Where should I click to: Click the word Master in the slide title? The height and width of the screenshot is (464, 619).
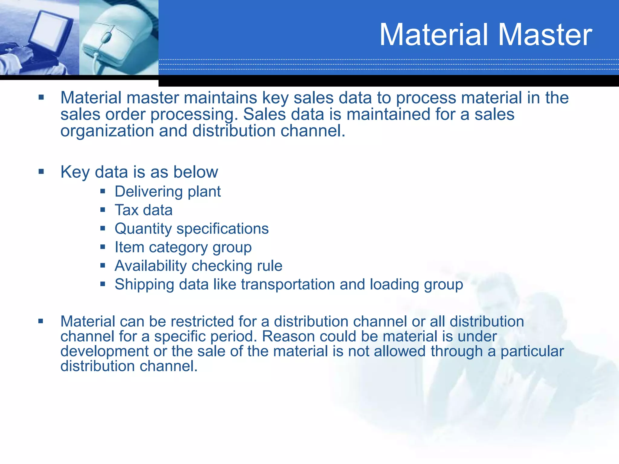544,35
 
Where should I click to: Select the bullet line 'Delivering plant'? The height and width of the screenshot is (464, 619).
168,192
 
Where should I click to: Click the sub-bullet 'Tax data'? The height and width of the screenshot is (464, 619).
144,210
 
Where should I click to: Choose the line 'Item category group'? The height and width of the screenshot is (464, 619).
183,247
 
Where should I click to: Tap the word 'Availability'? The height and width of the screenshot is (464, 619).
151,266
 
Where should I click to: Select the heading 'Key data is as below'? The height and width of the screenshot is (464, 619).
139,172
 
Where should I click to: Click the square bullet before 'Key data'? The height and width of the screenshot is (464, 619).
41,172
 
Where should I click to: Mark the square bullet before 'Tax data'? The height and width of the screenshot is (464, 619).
103,209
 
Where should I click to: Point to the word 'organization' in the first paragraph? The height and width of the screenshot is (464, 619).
107,131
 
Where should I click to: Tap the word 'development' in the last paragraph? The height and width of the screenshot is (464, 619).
105,351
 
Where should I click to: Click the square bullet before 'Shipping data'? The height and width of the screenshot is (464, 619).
103,284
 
